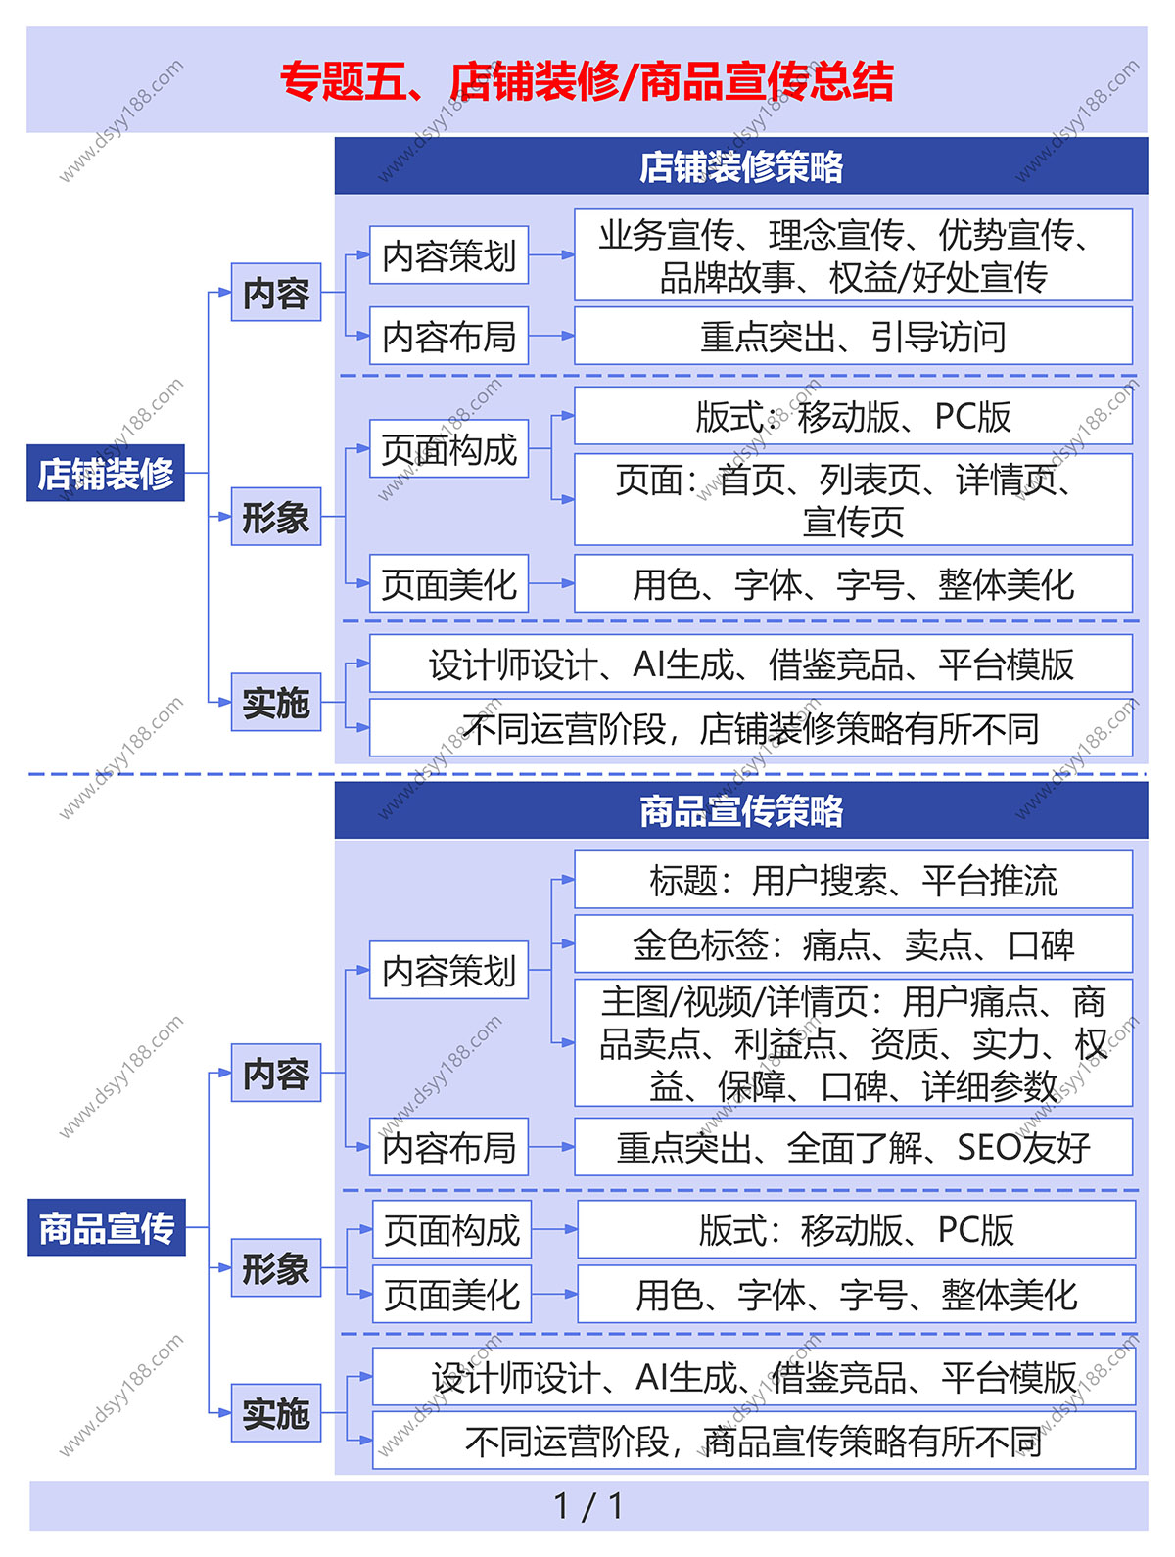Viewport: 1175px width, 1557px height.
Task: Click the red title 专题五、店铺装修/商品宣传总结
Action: (x=587, y=81)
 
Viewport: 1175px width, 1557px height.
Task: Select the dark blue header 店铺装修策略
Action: (x=740, y=166)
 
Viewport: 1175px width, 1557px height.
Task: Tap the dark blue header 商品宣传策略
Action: (x=740, y=810)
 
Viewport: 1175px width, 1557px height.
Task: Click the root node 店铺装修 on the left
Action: (x=106, y=474)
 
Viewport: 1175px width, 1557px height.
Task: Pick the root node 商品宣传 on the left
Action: (x=107, y=1227)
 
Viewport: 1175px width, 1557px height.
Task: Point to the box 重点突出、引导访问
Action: (x=853, y=337)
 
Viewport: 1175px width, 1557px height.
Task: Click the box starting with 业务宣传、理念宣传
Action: (x=853, y=255)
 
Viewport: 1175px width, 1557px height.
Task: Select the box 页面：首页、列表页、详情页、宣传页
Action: (x=853, y=499)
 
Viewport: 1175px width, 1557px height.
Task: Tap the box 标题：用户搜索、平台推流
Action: (x=853, y=880)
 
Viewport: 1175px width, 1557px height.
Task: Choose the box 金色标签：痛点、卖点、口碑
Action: (x=853, y=944)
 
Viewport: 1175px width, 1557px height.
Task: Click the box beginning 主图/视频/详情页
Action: (x=853, y=1043)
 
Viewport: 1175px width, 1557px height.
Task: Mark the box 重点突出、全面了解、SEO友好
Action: (x=853, y=1147)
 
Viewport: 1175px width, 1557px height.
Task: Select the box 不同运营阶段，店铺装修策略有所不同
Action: (x=751, y=728)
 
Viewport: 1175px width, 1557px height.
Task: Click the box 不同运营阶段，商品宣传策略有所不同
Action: (x=754, y=1441)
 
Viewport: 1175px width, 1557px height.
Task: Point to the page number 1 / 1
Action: (x=587, y=1506)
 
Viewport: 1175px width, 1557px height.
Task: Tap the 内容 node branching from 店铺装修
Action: (x=276, y=293)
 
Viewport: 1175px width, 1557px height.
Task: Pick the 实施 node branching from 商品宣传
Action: (x=276, y=1413)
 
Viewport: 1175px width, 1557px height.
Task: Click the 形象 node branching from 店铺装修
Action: (x=276, y=517)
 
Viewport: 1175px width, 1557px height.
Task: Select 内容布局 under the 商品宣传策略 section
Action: (x=448, y=1147)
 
